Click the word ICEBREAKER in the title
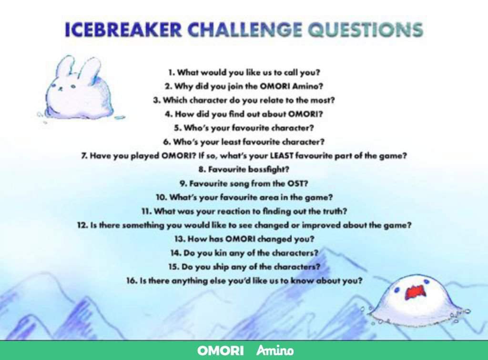[x=123, y=30]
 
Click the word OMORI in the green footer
[x=220, y=351]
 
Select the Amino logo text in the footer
[x=275, y=351]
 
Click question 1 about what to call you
[x=244, y=73]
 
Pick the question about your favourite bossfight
[x=244, y=169]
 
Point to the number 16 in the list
[x=131, y=281]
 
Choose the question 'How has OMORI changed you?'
[x=244, y=239]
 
